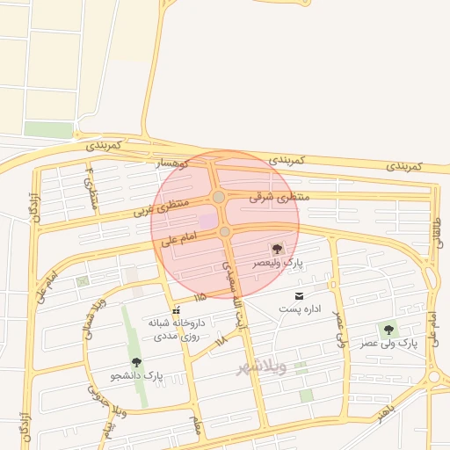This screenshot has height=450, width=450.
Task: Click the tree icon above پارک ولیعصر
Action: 278,250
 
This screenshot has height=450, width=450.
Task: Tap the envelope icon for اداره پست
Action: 300,295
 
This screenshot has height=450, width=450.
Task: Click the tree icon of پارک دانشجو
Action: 135,362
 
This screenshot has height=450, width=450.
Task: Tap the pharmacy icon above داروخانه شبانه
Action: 177,309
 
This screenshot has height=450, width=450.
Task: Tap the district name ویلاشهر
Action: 262,367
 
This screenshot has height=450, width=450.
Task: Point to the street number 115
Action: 200,296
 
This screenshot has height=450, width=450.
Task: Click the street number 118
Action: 221,339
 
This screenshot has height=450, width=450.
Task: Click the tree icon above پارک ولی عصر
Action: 388,330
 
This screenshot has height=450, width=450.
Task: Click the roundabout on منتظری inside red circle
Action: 218,197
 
